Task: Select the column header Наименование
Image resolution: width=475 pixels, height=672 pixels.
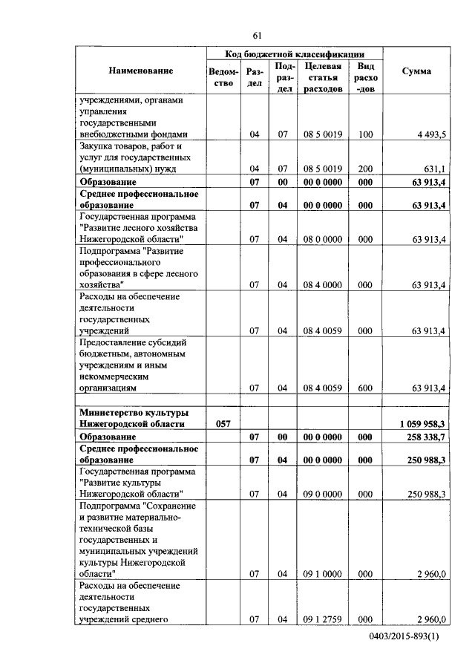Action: click(141, 71)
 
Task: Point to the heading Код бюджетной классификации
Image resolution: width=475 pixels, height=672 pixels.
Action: click(295, 54)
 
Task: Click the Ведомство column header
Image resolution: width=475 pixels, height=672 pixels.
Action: click(224, 77)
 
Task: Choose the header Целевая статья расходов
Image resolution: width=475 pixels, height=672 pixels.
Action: click(323, 77)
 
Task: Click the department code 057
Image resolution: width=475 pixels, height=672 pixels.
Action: click(224, 423)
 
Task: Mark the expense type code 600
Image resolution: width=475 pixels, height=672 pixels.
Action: click(364, 388)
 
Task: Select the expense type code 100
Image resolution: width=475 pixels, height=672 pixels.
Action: click(364, 134)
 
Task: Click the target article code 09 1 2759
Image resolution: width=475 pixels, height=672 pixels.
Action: click(323, 619)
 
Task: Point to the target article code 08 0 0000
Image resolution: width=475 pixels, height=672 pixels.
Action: click(323, 239)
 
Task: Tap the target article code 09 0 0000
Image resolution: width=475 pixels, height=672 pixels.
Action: click(323, 493)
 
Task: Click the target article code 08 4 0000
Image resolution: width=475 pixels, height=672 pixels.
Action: click(323, 284)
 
